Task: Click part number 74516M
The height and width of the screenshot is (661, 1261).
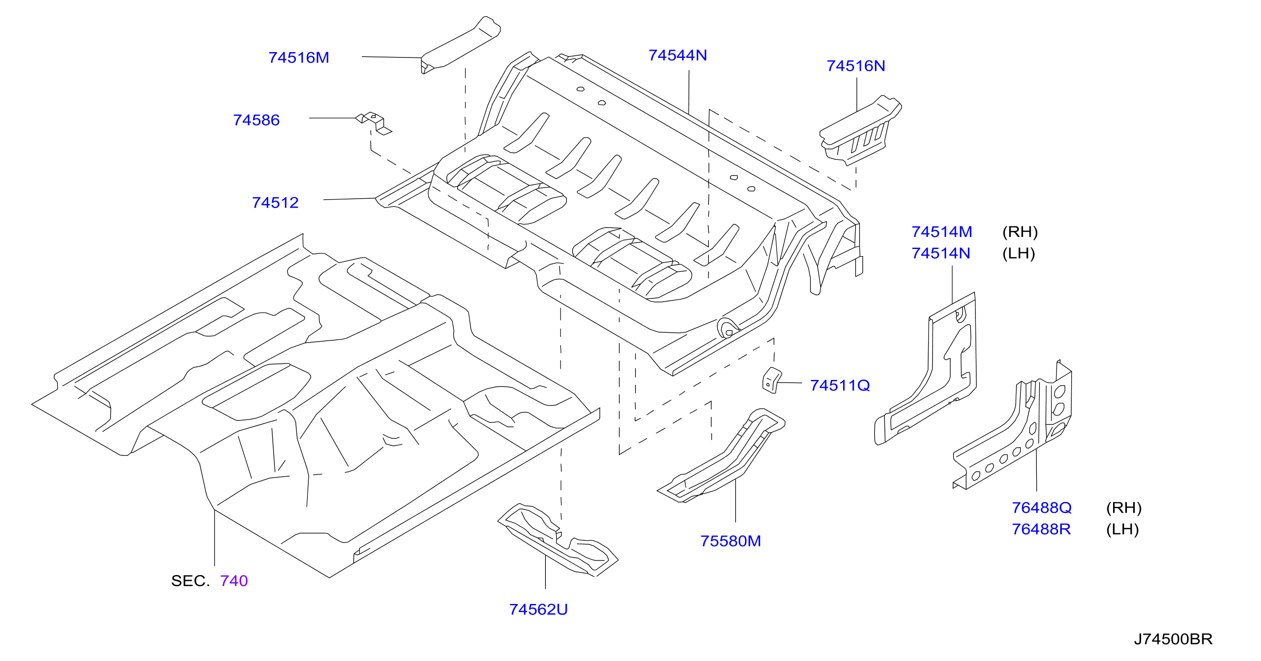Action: [x=299, y=58]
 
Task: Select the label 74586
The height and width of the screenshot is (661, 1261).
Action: [x=256, y=120]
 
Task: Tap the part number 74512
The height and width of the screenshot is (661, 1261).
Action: [x=275, y=203]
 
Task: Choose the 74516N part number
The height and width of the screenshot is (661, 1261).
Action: [x=856, y=66]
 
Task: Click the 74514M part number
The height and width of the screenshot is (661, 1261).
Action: [x=942, y=232]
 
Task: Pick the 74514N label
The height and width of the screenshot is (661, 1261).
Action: [x=940, y=253]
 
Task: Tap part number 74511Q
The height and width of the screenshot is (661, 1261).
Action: [x=840, y=386]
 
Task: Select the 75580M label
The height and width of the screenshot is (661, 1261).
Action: [x=730, y=541]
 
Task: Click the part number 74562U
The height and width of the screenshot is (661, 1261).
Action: [x=538, y=610]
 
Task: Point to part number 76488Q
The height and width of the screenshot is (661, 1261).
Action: [x=1042, y=508]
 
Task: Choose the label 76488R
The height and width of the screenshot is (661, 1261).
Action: [x=1041, y=530]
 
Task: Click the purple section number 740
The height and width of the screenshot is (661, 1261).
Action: [x=234, y=581]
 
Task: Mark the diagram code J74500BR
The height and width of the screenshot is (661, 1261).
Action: [x=1173, y=640]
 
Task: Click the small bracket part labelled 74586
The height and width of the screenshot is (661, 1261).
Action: [x=373, y=123]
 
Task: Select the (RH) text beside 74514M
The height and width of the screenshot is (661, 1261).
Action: [x=1020, y=232]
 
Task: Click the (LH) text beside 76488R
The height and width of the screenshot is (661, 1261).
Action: [x=1122, y=530]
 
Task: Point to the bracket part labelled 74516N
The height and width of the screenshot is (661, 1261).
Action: [x=860, y=131]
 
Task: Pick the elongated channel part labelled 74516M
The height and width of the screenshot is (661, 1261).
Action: [x=461, y=45]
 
